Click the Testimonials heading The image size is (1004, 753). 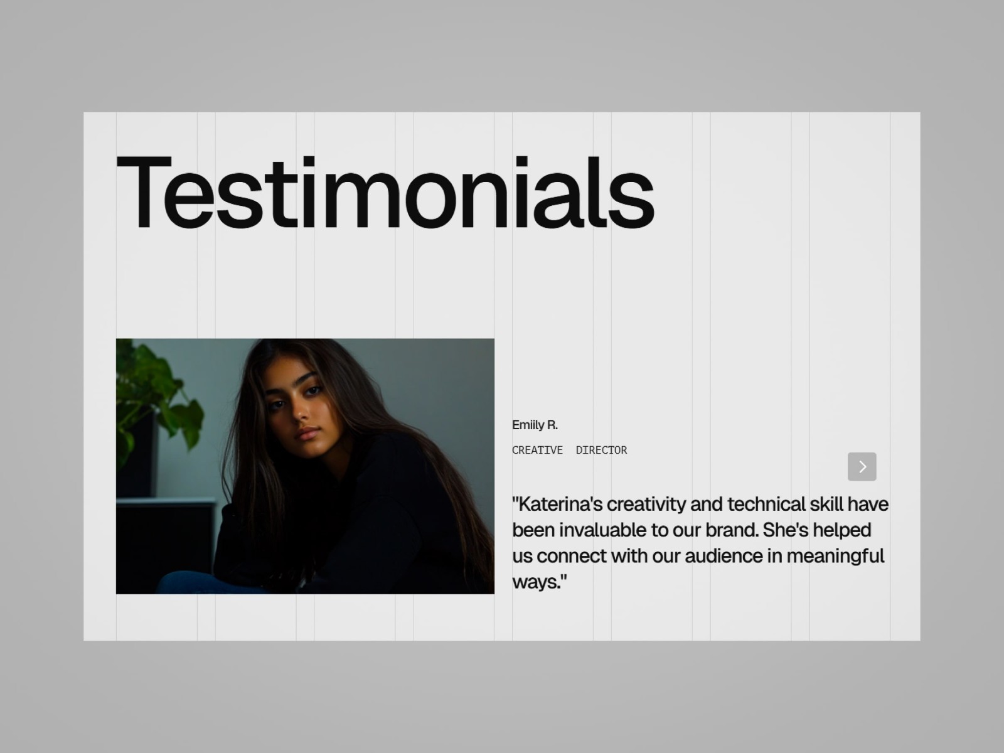pos(385,192)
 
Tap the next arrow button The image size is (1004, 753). pos(862,467)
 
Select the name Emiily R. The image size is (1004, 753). pos(535,425)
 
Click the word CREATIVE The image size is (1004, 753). pos(537,451)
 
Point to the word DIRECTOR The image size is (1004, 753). pos(601,451)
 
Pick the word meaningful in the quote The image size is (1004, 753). pos(835,557)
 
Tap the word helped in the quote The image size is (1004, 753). pos(841,530)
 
